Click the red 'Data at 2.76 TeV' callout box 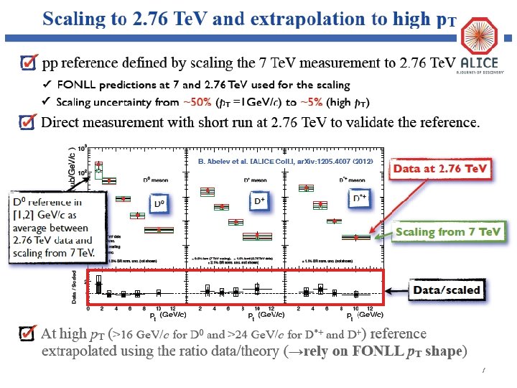pos(440,170)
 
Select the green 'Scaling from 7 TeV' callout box pos(450,232)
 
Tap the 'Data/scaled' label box pos(446,290)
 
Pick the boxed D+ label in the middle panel pos(261,202)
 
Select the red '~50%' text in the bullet pos(199,102)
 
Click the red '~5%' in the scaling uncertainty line pos(309,102)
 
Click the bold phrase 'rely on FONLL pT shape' pos(383,351)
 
